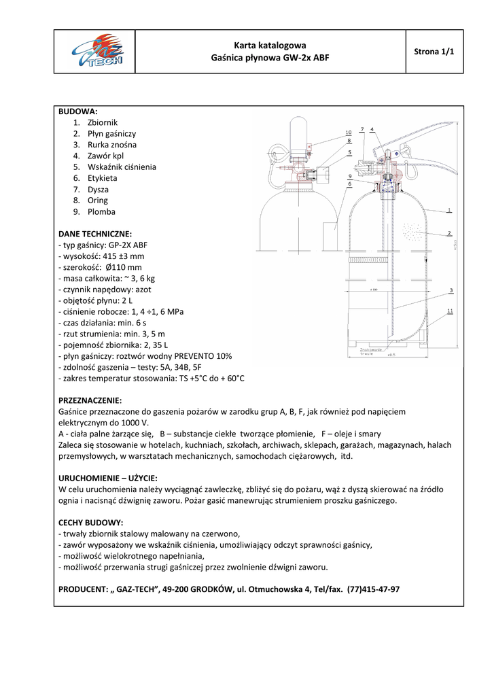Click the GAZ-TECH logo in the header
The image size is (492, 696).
94,52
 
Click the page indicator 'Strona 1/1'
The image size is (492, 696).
434,52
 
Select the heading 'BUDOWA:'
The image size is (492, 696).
78,111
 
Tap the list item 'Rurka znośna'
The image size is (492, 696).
111,145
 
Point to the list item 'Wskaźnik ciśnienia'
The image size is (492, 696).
122,167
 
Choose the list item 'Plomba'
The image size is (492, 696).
101,212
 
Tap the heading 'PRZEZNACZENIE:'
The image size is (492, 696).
90,400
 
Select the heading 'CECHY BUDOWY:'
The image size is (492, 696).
90,523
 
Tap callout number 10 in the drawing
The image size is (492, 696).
348,132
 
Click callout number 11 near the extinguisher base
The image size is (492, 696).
451,311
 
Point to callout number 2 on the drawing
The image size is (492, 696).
449,233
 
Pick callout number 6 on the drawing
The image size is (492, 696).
349,184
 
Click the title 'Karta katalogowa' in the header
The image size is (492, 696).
270,46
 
